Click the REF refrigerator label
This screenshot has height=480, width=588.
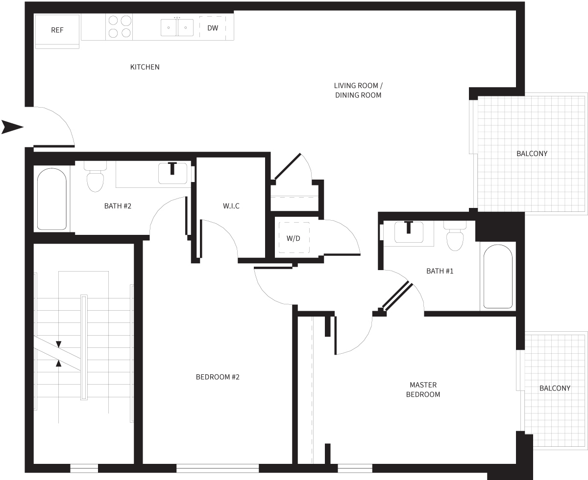pyautogui.click(x=57, y=30)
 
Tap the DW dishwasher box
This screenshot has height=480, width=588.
pyautogui.click(x=213, y=28)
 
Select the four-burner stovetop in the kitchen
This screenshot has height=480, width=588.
pyautogui.click(x=120, y=27)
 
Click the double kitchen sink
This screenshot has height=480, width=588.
pyautogui.click(x=177, y=27)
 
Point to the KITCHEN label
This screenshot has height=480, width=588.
pyautogui.click(x=145, y=67)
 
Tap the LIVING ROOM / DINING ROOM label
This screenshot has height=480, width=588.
pyautogui.click(x=358, y=91)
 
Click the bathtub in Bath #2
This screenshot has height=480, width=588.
pyautogui.click(x=51, y=199)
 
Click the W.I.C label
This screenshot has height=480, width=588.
pyautogui.click(x=231, y=206)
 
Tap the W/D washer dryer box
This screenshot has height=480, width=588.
pyautogui.click(x=294, y=238)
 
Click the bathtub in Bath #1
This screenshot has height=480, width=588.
pyautogui.click(x=497, y=276)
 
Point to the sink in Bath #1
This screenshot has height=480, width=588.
pyautogui.click(x=408, y=232)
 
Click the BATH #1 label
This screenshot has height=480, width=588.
pyautogui.click(x=440, y=271)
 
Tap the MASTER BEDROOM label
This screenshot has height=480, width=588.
pyautogui.click(x=423, y=389)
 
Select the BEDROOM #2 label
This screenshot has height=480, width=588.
pyautogui.click(x=218, y=377)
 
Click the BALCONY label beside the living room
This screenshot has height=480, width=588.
pyautogui.click(x=532, y=154)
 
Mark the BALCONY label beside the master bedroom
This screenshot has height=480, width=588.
pyautogui.click(x=555, y=388)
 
